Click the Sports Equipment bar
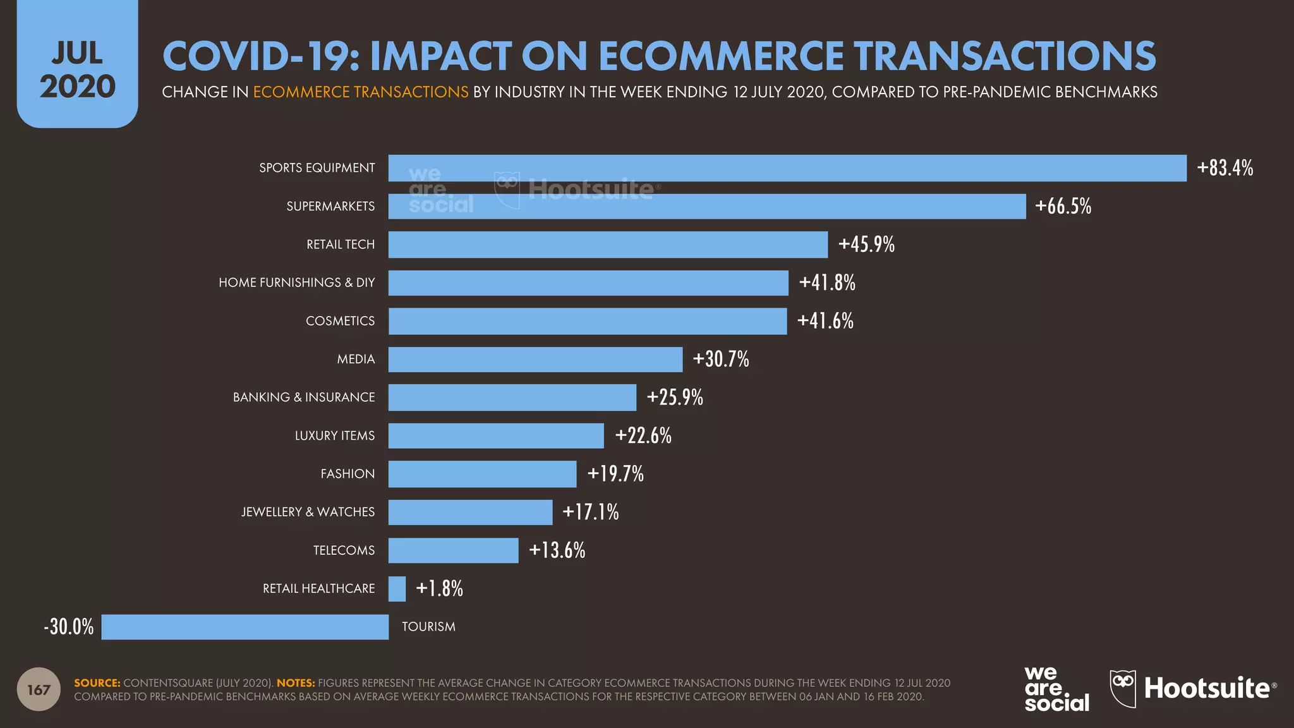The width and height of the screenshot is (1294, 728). pyautogui.click(x=787, y=168)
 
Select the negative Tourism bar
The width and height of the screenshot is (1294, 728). pyautogui.click(x=245, y=627)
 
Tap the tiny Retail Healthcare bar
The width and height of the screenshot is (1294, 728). pyautogui.click(x=397, y=589)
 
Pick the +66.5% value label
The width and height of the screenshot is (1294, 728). pyautogui.click(x=1063, y=207)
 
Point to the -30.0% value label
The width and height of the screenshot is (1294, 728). pyautogui.click(x=69, y=627)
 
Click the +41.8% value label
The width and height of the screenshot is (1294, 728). pyautogui.click(x=827, y=282)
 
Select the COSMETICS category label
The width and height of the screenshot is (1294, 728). pyautogui.click(x=340, y=321)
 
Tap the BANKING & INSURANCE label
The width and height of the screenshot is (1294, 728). pyautogui.click(x=303, y=397)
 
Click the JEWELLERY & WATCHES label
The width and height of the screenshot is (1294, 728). pyautogui.click(x=308, y=512)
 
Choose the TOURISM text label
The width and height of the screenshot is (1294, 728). pyautogui.click(x=428, y=627)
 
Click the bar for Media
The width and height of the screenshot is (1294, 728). pyautogui.click(x=535, y=360)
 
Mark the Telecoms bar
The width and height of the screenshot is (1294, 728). pyautogui.click(x=453, y=550)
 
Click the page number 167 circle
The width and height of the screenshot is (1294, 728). pyautogui.click(x=39, y=689)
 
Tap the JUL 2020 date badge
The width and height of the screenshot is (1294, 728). pyautogui.click(x=77, y=70)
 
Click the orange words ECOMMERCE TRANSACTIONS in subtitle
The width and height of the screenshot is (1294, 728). pyautogui.click(x=361, y=92)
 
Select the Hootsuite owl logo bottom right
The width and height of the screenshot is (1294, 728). pyautogui.click(x=1123, y=688)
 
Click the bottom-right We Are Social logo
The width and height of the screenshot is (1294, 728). pyautogui.click(x=1056, y=689)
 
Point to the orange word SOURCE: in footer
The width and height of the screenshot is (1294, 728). pyautogui.click(x=97, y=683)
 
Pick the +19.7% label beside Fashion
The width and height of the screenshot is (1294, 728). pyautogui.click(x=615, y=474)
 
